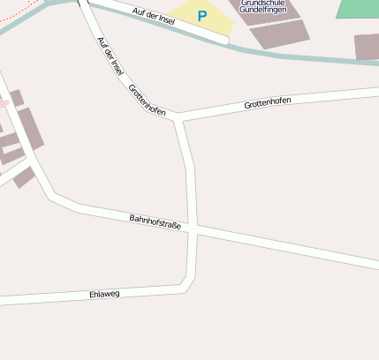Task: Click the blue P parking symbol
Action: tap(202, 16)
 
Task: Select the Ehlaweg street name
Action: tap(104, 294)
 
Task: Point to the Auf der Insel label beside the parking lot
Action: tap(154, 15)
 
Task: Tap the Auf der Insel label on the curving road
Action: tap(109, 58)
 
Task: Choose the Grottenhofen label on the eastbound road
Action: tap(267, 102)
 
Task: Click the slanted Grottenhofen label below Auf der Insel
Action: tap(147, 100)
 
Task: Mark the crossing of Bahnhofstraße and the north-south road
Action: tap(192, 228)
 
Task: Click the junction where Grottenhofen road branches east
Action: tap(179, 116)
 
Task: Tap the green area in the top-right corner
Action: tap(358, 8)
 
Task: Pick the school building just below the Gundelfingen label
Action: tap(280, 34)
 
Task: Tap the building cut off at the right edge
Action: tap(367, 46)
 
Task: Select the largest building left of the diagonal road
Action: tap(31, 129)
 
